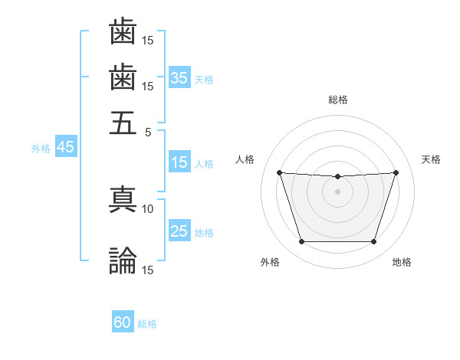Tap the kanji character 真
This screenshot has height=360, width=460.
[123, 198]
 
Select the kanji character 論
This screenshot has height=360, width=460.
[123, 260]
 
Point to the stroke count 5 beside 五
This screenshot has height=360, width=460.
[149, 131]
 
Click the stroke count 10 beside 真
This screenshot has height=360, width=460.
[148, 208]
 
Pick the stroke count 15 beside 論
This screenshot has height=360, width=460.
[148, 270]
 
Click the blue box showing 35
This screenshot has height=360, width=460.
[179, 78]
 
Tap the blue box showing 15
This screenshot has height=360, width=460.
[179, 162]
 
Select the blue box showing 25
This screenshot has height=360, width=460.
[179, 232]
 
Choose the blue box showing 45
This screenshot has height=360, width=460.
[65, 148]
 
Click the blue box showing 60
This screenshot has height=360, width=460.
[123, 322]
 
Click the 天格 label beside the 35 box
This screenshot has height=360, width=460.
[204, 79]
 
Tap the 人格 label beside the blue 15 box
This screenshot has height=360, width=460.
[204, 163]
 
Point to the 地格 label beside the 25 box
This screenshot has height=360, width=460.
[204, 233]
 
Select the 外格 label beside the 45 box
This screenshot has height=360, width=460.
[40, 149]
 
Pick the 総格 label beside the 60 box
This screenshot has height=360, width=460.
[147, 324]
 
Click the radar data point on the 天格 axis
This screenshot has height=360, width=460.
[396, 172]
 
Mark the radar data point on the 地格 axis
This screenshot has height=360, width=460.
[373, 242]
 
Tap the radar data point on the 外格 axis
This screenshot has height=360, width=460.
[301, 242]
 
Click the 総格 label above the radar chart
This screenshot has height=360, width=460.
[337, 100]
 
